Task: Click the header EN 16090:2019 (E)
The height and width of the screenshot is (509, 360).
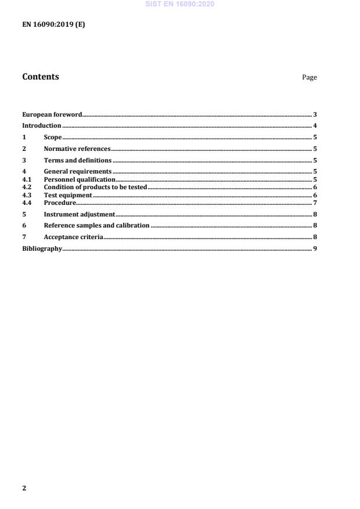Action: click(x=53, y=24)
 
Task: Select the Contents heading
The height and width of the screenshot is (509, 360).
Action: click(x=41, y=77)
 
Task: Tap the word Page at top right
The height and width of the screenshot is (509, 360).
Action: click(x=309, y=78)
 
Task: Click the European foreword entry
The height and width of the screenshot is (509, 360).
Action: click(x=52, y=114)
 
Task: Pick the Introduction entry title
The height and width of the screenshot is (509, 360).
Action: click(x=42, y=125)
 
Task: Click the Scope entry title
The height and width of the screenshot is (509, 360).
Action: click(x=53, y=138)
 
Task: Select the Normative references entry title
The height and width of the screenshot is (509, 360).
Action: click(x=77, y=149)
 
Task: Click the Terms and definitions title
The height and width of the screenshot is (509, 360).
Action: click(x=78, y=160)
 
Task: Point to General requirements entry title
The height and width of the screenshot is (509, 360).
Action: click(x=77, y=172)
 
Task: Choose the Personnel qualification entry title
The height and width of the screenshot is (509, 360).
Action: click(x=80, y=180)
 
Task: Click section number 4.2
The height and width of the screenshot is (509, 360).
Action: click(x=26, y=187)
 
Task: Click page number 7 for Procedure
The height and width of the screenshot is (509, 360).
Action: click(x=315, y=203)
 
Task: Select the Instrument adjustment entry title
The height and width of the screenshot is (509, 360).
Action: click(x=80, y=214)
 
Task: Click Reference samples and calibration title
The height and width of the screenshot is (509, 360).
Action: click(x=97, y=225)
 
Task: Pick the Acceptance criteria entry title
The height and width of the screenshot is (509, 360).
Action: click(x=74, y=237)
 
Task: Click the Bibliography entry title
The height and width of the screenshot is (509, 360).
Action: click(x=42, y=248)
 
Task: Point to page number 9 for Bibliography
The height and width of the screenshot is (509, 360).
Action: click(x=315, y=248)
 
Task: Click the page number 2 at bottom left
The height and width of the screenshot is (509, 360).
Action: click(x=24, y=488)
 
